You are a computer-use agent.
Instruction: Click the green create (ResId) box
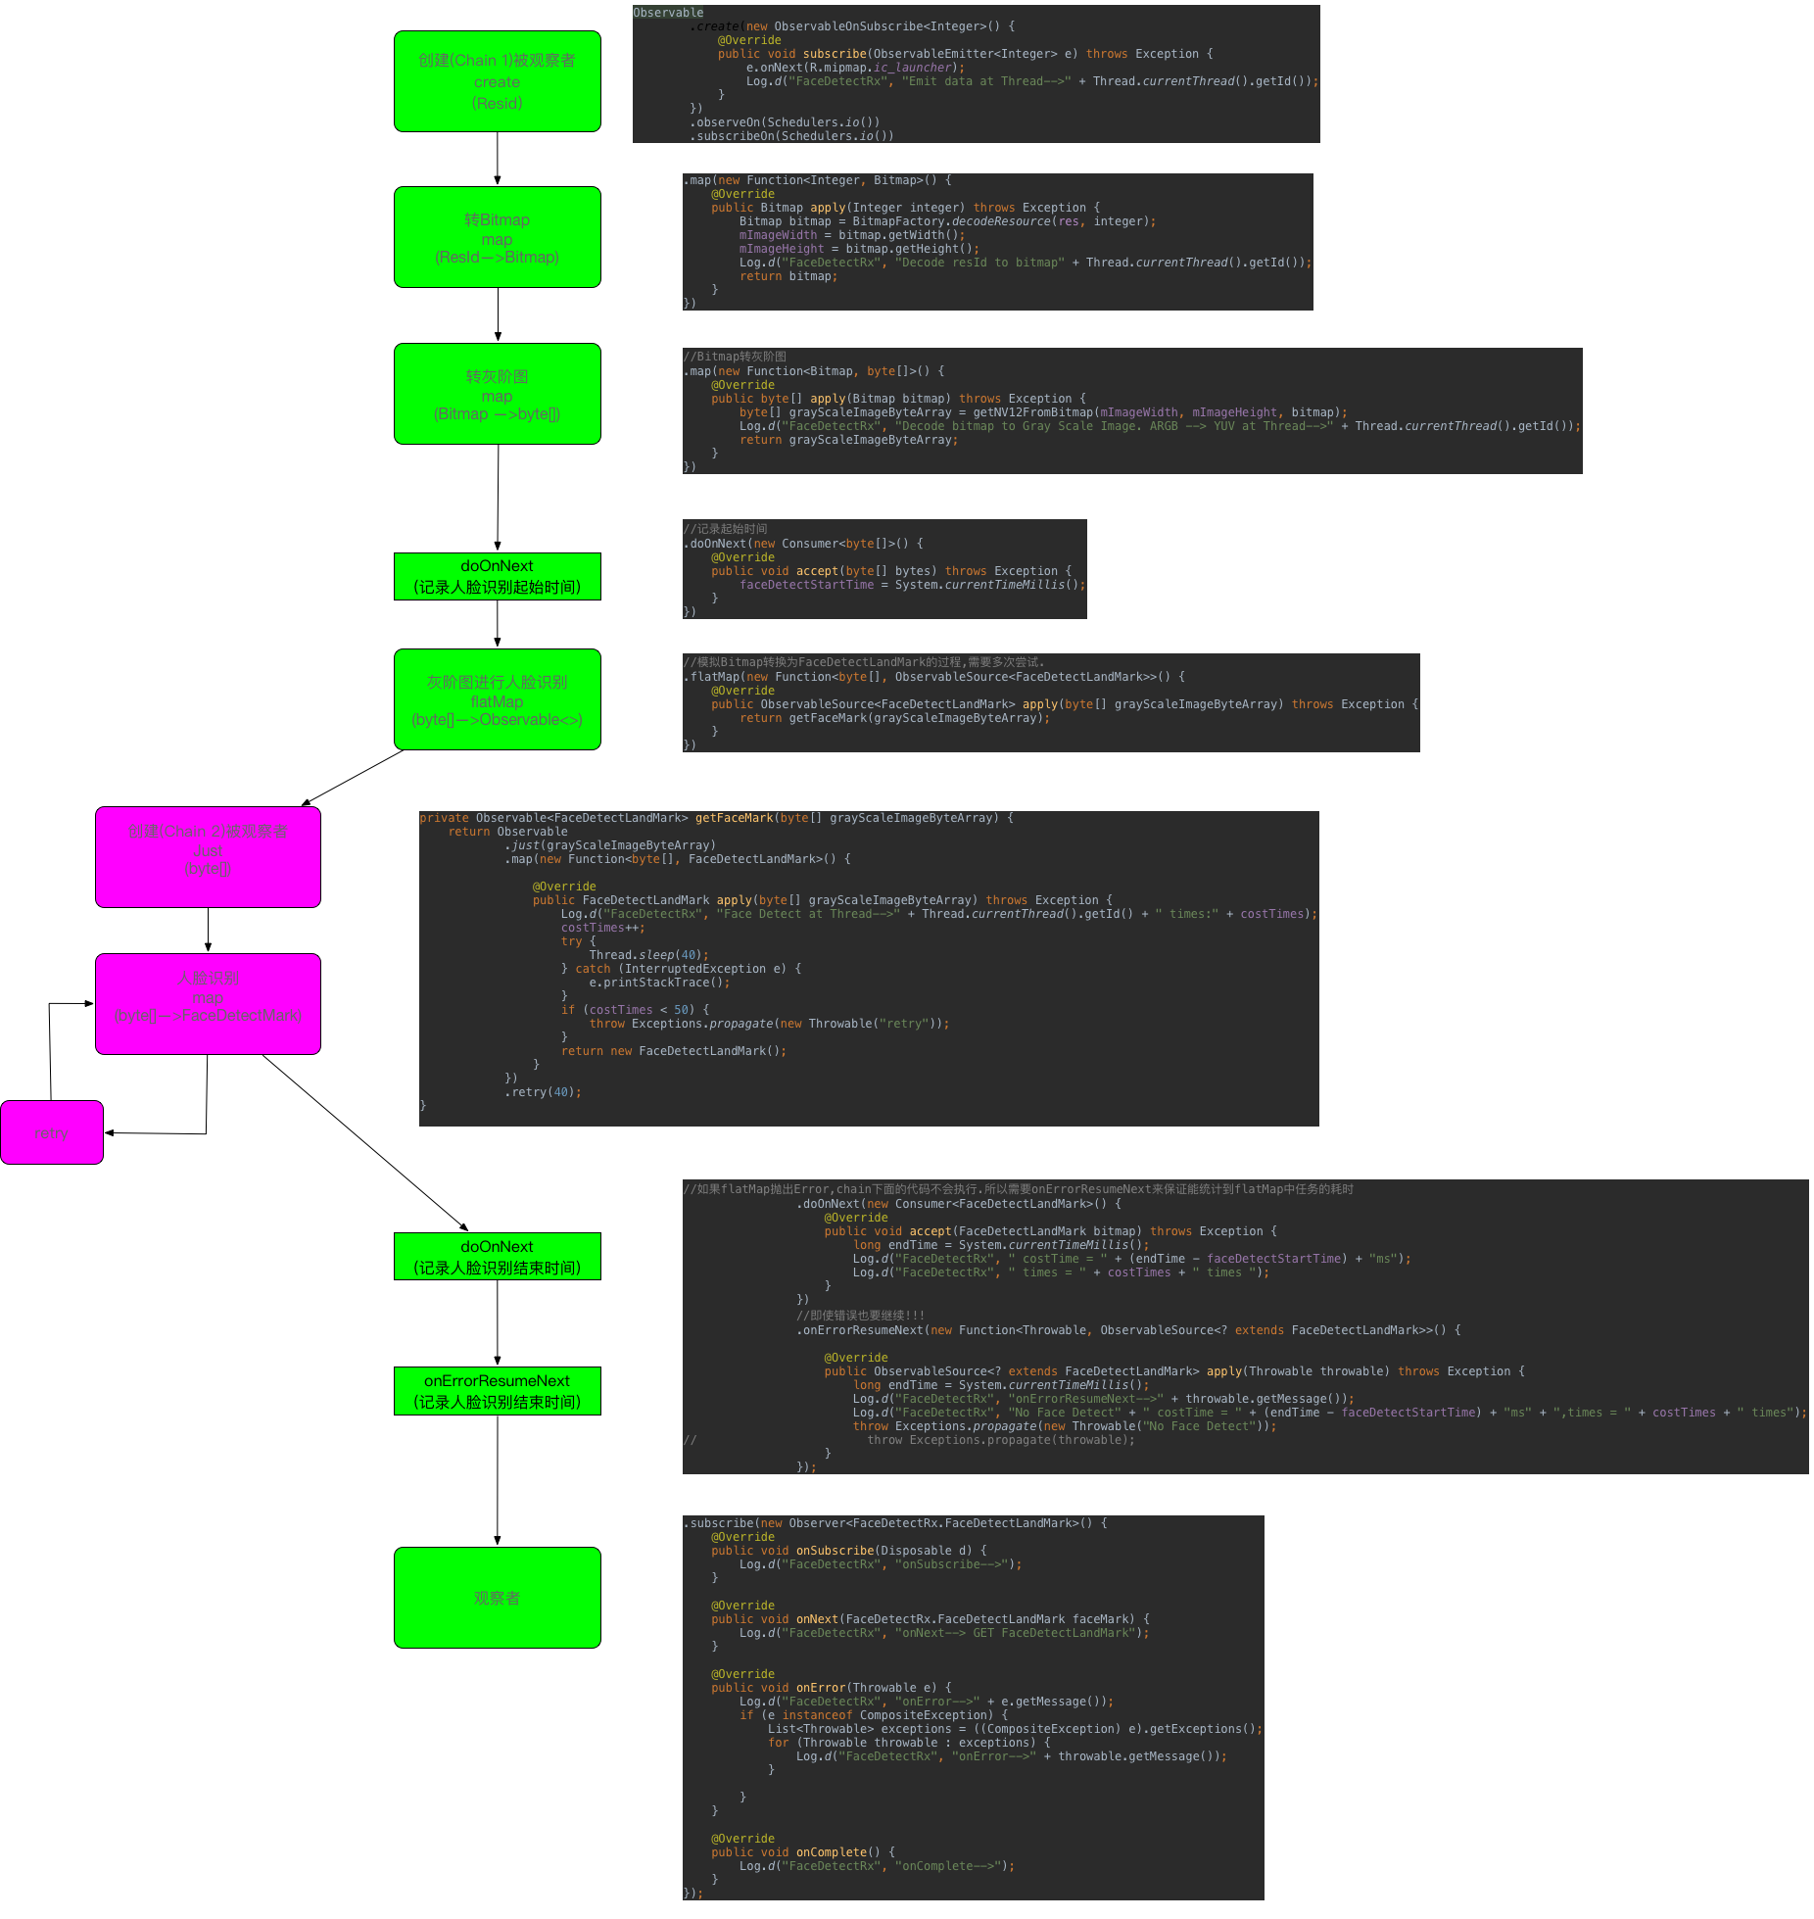coord(497,81)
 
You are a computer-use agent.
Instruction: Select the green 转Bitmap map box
coord(497,237)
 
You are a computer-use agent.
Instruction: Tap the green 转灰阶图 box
coord(497,394)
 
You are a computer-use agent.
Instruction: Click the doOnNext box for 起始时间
coord(497,576)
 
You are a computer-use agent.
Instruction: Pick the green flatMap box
coord(497,699)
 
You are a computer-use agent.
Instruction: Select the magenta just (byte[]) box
coord(208,857)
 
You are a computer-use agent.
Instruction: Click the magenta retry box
coord(52,1132)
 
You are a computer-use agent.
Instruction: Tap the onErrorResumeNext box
coord(497,1391)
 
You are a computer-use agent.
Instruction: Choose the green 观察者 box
coord(497,1598)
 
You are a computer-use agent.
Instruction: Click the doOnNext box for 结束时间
coord(497,1257)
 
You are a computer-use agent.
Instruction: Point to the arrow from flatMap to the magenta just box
coord(353,779)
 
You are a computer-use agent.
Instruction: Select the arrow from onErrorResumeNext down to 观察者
coord(498,1480)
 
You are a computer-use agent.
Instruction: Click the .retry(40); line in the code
coord(543,1092)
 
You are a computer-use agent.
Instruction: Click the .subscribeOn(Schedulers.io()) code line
coord(791,136)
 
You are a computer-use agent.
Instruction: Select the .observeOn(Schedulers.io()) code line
coord(785,122)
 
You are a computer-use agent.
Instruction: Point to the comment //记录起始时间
coord(726,529)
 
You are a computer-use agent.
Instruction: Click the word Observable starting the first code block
coord(668,13)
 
